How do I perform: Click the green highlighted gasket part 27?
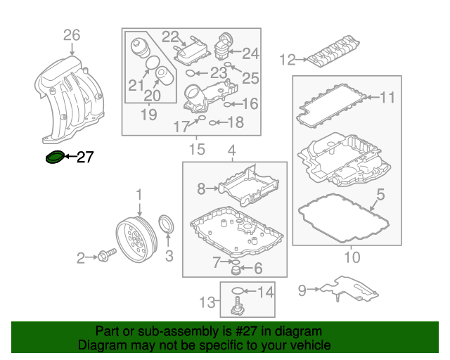(x=54, y=157)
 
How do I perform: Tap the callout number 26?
(x=72, y=34)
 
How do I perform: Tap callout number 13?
(x=205, y=302)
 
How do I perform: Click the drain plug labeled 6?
(x=236, y=270)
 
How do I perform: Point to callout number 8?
(x=201, y=188)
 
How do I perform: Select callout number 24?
(x=251, y=53)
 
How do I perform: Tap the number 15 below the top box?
(x=196, y=148)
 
